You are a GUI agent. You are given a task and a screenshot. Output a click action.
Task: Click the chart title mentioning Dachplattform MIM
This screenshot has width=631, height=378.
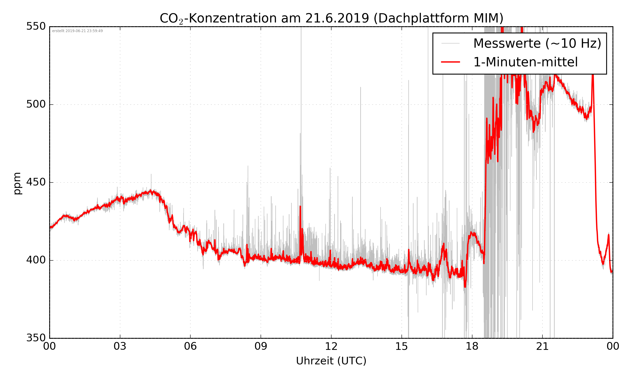pyautogui.click(x=331, y=18)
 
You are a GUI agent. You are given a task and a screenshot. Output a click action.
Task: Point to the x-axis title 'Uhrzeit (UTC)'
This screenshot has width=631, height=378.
pyautogui.click(x=331, y=361)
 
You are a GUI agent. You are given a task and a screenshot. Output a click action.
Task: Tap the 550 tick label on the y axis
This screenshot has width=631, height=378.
pyautogui.click(x=36, y=26)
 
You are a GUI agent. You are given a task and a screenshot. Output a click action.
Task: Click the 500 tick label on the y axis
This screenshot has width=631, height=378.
pyautogui.click(x=36, y=104)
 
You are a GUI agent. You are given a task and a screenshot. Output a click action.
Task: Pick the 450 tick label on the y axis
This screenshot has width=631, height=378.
pyautogui.click(x=36, y=182)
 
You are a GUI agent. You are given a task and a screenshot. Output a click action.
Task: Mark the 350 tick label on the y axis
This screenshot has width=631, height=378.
pyautogui.click(x=36, y=338)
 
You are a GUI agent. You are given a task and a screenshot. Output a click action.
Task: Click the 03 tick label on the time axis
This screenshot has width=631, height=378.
pyautogui.click(x=120, y=346)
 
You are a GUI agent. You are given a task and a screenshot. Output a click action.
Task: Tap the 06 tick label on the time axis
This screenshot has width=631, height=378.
pyautogui.click(x=190, y=346)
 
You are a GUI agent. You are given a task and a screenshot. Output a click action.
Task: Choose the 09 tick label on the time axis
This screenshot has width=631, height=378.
pyautogui.click(x=261, y=346)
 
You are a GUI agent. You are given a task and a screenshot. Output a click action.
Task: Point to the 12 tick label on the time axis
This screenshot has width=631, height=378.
pyautogui.click(x=331, y=346)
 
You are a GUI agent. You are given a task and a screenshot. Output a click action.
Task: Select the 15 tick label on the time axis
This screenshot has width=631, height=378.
pyautogui.click(x=402, y=346)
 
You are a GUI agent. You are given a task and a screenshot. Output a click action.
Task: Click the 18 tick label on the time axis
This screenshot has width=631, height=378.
pyautogui.click(x=472, y=346)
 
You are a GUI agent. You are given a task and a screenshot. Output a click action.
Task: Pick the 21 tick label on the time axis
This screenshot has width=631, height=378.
pyautogui.click(x=542, y=346)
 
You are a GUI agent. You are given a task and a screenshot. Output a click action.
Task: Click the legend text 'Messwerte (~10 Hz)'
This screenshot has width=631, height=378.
pyautogui.click(x=537, y=43)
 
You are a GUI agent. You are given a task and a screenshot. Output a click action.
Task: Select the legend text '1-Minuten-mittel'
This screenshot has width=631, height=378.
pyautogui.click(x=525, y=62)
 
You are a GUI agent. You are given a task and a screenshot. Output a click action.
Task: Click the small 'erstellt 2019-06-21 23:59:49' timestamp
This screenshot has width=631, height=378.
pyautogui.click(x=77, y=31)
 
